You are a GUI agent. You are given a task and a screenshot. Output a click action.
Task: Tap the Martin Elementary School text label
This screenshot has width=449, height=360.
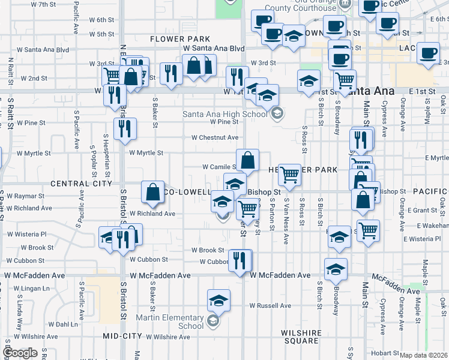point(169,322)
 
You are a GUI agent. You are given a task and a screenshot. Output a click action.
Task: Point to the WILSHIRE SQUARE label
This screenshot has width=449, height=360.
point(300,336)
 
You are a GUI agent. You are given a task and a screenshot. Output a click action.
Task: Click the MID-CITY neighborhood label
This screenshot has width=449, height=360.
point(122,336)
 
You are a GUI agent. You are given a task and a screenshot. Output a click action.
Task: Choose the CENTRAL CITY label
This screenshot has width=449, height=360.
point(82,183)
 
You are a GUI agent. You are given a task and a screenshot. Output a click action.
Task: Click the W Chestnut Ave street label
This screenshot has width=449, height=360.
point(215,137)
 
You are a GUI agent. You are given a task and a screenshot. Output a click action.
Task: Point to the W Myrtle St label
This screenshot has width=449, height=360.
point(146,153)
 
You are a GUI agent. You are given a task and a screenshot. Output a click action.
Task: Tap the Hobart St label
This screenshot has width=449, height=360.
point(385,353)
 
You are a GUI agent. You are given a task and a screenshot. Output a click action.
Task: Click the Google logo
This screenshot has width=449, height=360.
point(20,353)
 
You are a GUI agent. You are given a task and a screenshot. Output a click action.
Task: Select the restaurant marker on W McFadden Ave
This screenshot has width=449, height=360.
point(240,261)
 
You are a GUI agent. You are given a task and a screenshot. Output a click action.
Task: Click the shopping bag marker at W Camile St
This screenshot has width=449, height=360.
point(247,160)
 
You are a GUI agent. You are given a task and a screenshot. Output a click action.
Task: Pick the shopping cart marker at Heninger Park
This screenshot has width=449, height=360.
point(289,175)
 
